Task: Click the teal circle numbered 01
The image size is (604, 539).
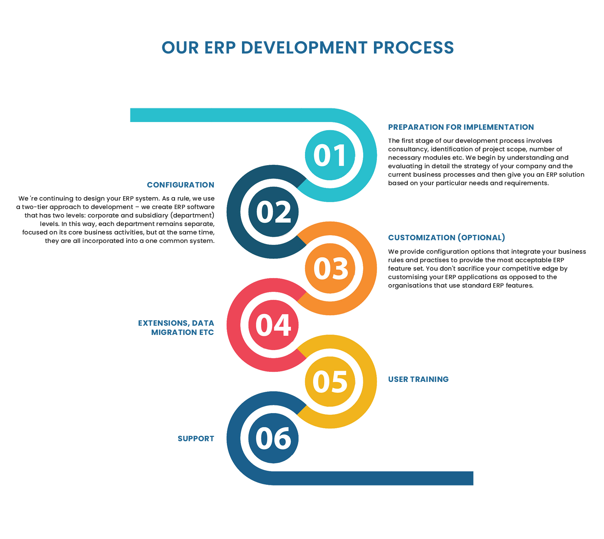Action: (x=330, y=155)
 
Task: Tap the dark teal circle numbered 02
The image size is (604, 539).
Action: (x=273, y=212)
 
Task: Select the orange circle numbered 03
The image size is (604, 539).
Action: (x=330, y=268)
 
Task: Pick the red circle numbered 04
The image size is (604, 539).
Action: (x=273, y=325)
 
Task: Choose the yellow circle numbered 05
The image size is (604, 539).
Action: (x=330, y=382)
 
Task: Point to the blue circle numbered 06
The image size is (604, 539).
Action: (x=273, y=438)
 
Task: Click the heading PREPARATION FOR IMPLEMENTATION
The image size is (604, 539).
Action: (x=461, y=127)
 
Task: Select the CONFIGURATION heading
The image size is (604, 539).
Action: (x=180, y=185)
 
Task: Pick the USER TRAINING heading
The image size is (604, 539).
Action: (x=418, y=379)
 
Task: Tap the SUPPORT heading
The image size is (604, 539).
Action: (x=196, y=439)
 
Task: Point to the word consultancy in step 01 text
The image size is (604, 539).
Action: (x=407, y=149)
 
